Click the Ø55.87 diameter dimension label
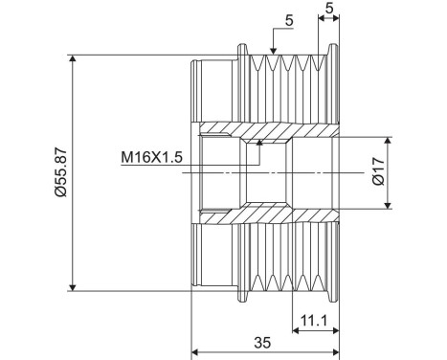click(x=61, y=172)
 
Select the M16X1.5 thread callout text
click(x=151, y=157)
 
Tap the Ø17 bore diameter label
click(x=379, y=171)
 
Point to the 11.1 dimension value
click(x=314, y=321)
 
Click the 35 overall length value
click(x=262, y=343)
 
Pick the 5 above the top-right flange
click(x=329, y=8)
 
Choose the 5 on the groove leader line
click(x=289, y=21)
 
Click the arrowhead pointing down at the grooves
click(x=273, y=50)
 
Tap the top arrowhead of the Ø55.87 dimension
click(x=73, y=59)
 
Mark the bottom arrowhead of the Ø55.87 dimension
click(x=73, y=287)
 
